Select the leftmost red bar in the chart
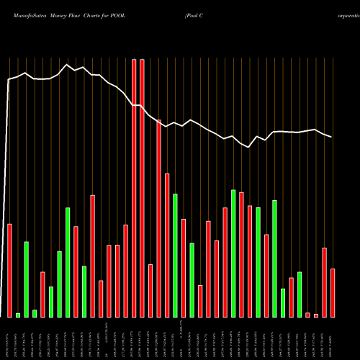tap(9, 270)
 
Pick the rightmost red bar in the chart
tap(333, 292)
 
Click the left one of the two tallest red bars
tap(134, 187)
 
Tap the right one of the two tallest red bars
tap(142, 187)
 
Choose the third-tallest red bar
tap(158, 218)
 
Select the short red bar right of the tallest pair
tap(150, 290)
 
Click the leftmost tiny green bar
tap(18, 315)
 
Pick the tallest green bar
tap(233, 253)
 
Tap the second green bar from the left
tap(26, 279)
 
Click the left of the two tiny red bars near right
tap(307, 315)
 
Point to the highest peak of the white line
tap(67, 65)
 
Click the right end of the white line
tap(332, 137)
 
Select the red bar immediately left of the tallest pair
tap(125, 271)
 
